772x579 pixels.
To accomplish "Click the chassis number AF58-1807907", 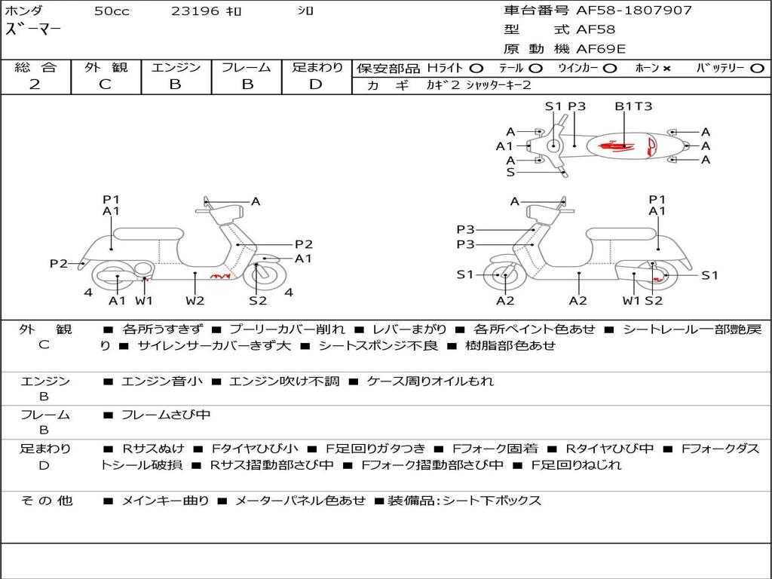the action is tap(634, 11).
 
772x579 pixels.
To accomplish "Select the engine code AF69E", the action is tap(601, 49).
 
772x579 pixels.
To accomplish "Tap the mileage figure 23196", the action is tap(195, 11).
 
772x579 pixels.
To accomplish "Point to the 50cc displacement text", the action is tap(112, 11).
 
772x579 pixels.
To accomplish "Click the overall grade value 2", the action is tap(35, 84).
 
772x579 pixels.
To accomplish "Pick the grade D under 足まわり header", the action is tap(316, 84).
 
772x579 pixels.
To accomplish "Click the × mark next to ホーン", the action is tap(666, 69).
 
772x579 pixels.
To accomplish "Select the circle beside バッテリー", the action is tap(757, 69).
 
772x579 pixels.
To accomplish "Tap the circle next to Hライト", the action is tap(476, 69).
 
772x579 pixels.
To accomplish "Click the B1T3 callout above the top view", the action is tap(633, 106).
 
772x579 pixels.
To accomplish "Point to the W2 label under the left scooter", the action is tap(195, 300).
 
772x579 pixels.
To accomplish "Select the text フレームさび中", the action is tap(166, 415).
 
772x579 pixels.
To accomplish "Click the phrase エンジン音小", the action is tap(162, 381).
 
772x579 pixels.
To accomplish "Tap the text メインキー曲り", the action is tap(165, 501).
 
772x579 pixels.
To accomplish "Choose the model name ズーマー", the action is tap(33, 29).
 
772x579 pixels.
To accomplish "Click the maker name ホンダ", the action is tap(23, 11).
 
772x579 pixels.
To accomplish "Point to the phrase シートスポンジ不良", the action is tap(378, 345).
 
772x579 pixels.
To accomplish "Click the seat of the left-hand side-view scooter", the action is tap(149, 234).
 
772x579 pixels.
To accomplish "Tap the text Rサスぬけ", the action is tap(153, 449).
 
